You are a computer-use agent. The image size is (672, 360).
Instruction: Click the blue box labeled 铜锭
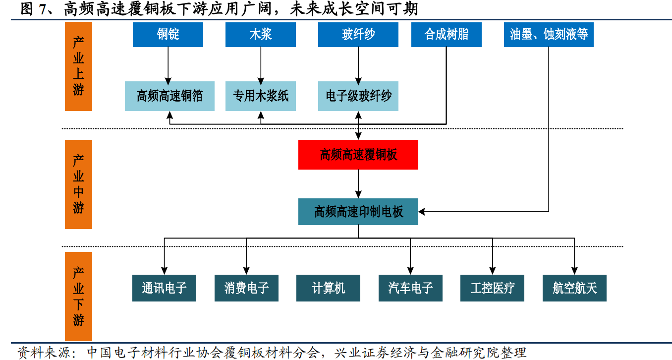[168, 35]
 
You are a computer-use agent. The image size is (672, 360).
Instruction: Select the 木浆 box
[260, 35]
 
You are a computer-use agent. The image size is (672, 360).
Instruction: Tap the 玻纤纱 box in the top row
[358, 35]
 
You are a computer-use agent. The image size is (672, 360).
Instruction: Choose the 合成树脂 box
[446, 35]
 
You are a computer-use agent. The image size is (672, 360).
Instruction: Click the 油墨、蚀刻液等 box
[549, 35]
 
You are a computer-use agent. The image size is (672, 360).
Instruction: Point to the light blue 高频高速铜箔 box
[169, 96]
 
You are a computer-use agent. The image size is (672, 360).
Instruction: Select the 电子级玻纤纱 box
[358, 96]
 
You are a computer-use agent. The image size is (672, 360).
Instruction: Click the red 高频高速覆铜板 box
[358, 155]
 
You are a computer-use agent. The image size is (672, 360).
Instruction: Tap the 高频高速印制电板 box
[358, 212]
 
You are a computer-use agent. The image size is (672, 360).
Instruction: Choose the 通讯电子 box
[164, 288]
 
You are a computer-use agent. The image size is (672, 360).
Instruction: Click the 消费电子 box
[246, 288]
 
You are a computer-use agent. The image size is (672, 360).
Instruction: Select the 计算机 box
[328, 288]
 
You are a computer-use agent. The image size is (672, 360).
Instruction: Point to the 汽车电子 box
[410, 288]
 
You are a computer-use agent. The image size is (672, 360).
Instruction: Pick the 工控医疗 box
[492, 288]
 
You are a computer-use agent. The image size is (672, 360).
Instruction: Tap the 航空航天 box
[574, 288]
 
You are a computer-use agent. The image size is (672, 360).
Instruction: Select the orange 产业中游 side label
[78, 184]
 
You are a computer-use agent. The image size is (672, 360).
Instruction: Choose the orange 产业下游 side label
[78, 296]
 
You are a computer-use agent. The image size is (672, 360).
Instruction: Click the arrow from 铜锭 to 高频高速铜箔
[168, 64]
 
